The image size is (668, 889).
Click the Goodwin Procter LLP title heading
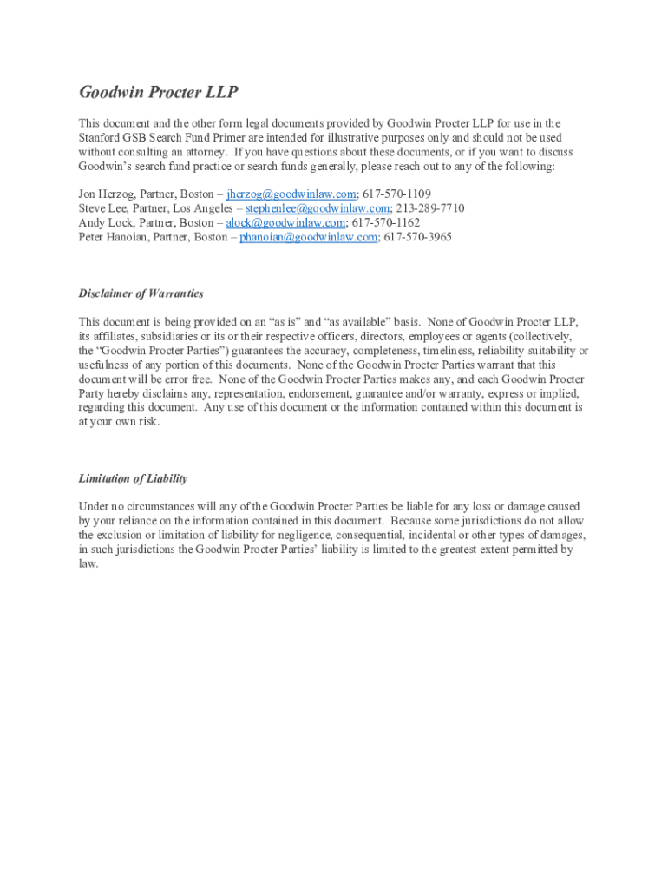coord(158,93)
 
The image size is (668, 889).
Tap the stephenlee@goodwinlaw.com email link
coord(318,208)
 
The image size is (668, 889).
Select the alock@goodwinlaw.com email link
coord(285,222)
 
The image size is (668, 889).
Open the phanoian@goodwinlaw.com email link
coord(308,236)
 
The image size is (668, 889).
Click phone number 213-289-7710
coord(429,208)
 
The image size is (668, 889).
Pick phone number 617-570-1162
coord(386,222)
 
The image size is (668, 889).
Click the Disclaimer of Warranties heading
coord(141,293)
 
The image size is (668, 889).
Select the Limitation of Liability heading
coord(133,478)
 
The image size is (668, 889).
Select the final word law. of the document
coord(88,563)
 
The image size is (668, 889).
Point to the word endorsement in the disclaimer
coord(274,393)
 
